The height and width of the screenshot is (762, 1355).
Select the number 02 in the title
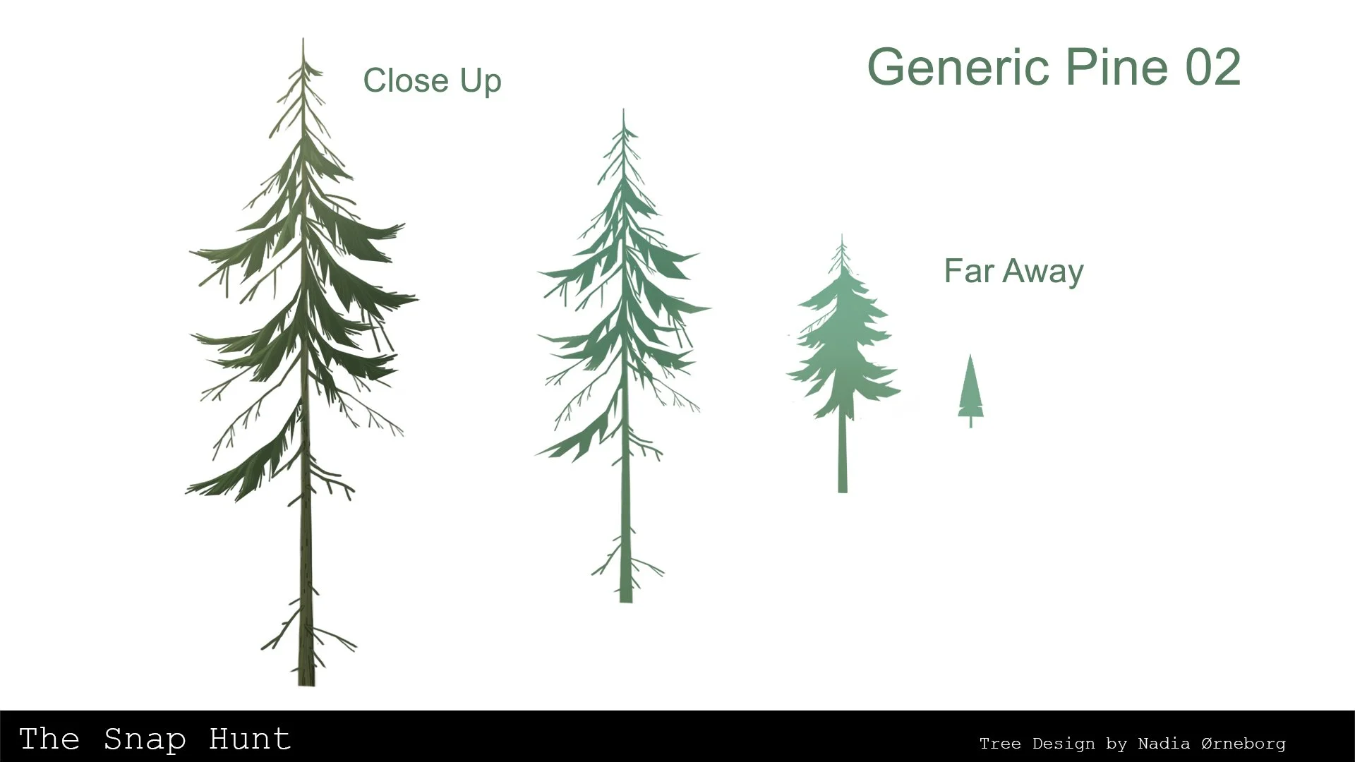coord(1212,68)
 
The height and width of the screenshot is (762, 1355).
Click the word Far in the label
coord(968,271)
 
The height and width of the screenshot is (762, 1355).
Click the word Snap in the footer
coord(144,739)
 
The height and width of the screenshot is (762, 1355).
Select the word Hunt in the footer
coord(249,739)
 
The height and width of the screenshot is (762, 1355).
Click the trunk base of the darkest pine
coord(306,681)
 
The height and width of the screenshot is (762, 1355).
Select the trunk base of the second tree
coord(625,598)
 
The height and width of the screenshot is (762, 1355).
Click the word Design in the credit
coord(1063,744)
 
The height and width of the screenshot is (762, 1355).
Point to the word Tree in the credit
coord(1001,744)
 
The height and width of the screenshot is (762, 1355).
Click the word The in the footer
coord(49,739)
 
